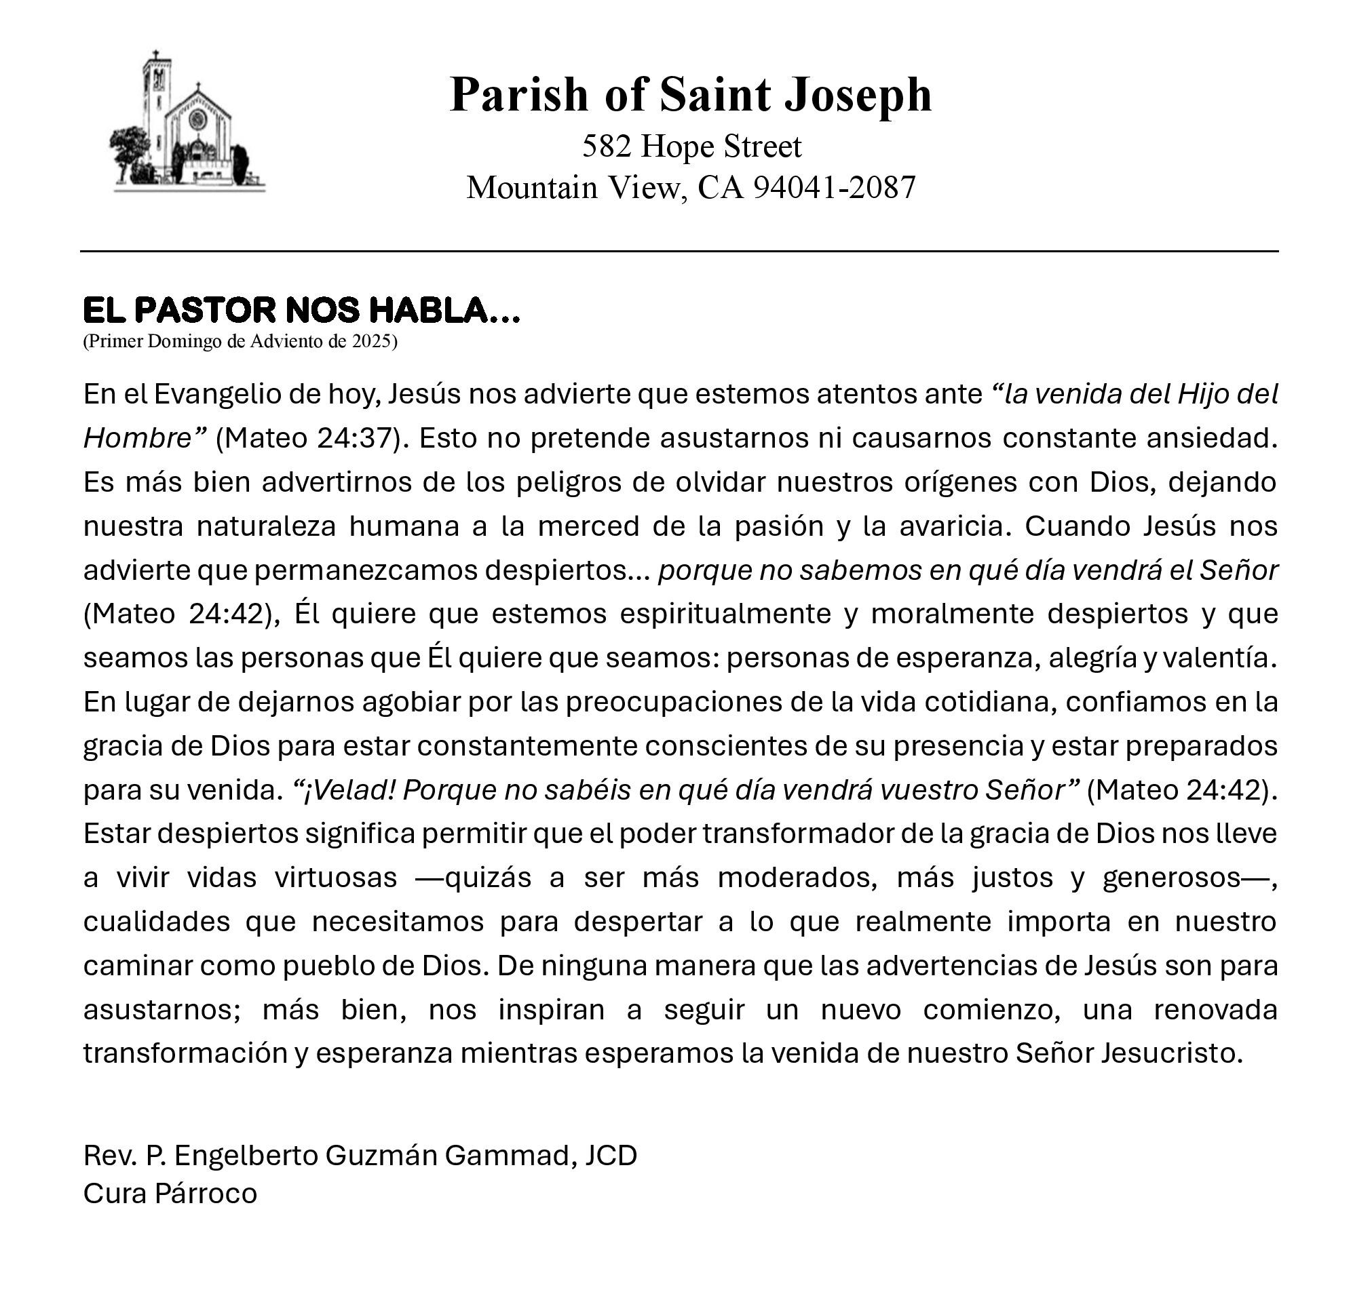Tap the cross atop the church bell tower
click(x=156, y=56)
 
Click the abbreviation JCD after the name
click(x=611, y=1155)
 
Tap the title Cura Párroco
click(x=170, y=1193)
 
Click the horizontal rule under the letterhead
click(x=679, y=252)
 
